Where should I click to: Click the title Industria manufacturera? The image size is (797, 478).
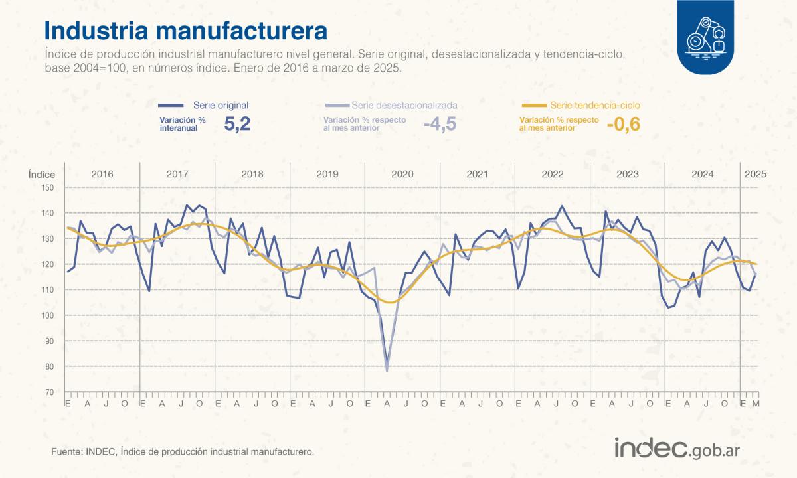[x=186, y=31]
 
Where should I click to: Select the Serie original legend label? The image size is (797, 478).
[x=221, y=105]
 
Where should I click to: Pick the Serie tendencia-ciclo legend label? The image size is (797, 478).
[x=595, y=105]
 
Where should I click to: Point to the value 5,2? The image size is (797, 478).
[x=237, y=124]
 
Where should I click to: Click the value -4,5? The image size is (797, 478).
[x=440, y=124]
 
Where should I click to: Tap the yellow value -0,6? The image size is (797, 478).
[x=623, y=124]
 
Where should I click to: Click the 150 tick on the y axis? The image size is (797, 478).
[x=47, y=187]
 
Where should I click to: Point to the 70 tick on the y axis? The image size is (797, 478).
[x=49, y=392]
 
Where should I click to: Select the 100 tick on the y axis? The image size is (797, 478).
[x=47, y=315]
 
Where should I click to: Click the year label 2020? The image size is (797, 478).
[x=402, y=174]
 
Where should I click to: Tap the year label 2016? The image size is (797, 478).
[x=102, y=174]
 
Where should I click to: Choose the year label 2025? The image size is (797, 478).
[x=755, y=174]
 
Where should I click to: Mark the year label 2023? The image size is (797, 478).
[x=628, y=174]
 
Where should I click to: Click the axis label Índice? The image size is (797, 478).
[x=42, y=174]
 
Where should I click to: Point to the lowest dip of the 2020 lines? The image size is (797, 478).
[x=387, y=369]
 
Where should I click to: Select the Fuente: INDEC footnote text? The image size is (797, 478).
[x=182, y=451]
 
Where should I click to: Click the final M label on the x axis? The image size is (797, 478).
[x=755, y=403]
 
